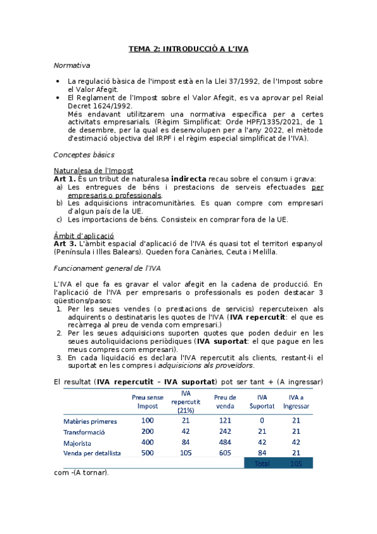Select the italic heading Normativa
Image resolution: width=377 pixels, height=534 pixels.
click(x=72, y=65)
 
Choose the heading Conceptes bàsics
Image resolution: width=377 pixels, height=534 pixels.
click(x=84, y=154)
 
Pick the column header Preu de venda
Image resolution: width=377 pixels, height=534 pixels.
click(x=225, y=401)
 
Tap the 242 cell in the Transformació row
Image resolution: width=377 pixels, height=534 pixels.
click(x=225, y=431)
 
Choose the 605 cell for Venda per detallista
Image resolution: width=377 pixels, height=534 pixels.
click(x=225, y=453)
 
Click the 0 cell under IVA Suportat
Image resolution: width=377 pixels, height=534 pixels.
click(x=262, y=420)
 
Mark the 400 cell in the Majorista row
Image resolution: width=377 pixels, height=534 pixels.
click(x=147, y=442)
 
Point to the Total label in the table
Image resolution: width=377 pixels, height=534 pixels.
click(x=261, y=463)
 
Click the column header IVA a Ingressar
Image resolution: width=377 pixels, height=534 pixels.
click(x=296, y=401)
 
